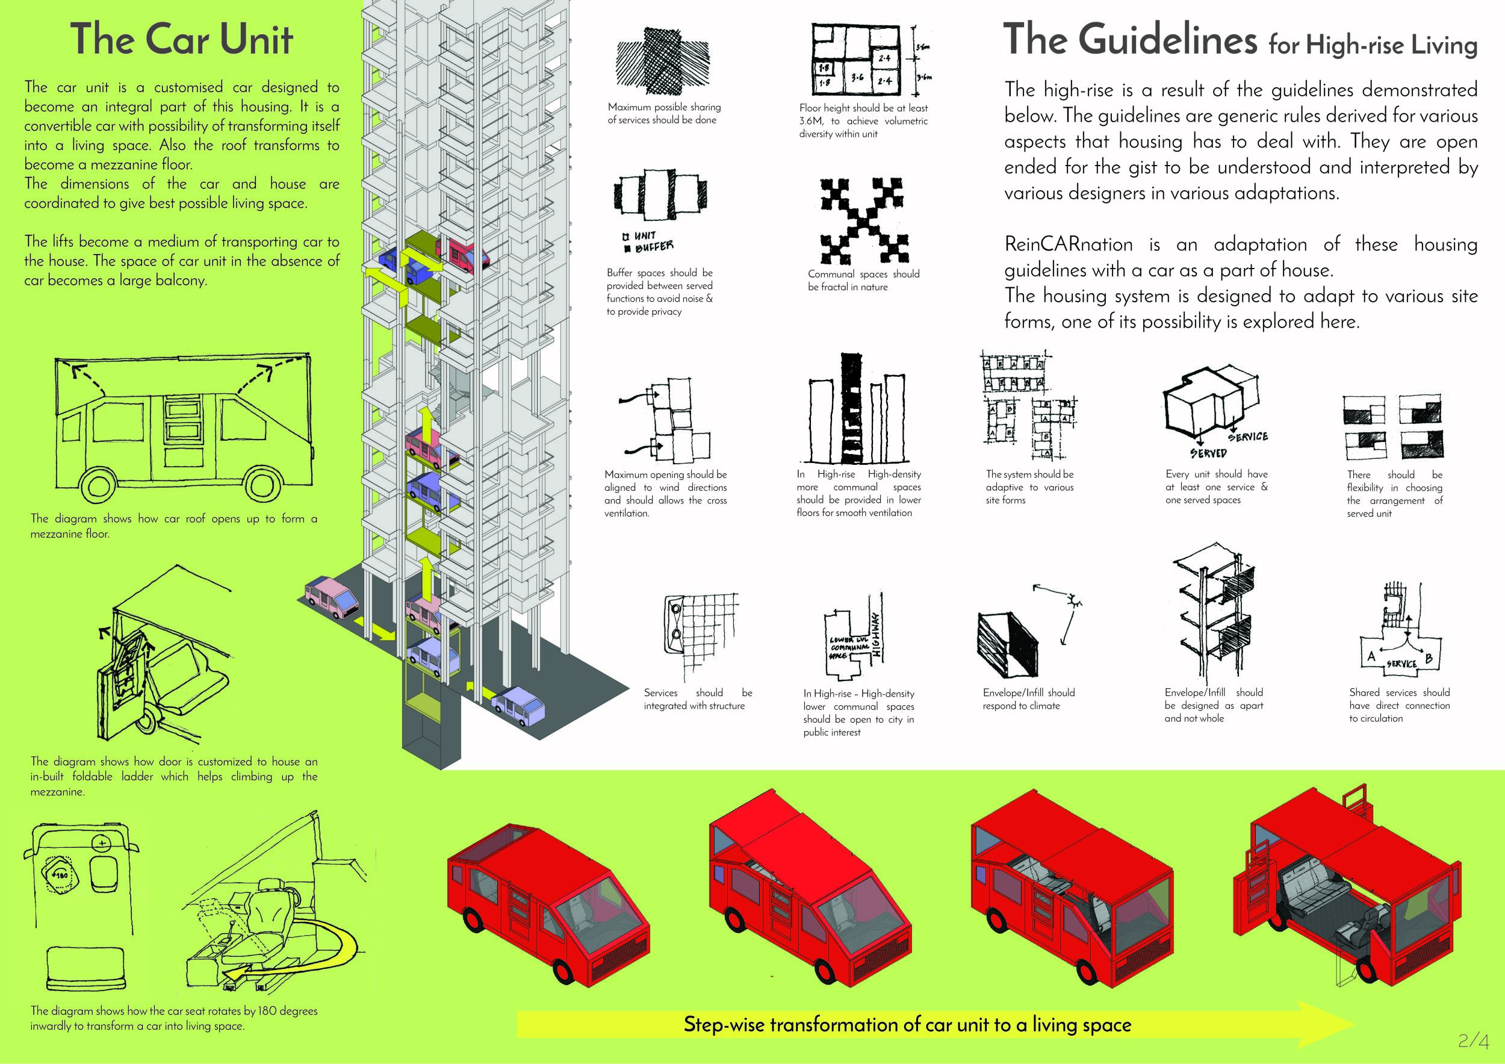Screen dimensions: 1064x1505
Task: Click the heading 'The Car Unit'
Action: [x=181, y=39]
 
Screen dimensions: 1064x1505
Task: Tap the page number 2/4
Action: [x=1474, y=1041]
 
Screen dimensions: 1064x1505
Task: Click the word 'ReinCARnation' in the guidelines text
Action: [x=1069, y=244]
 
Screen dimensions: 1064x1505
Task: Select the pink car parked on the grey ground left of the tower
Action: [x=332, y=596]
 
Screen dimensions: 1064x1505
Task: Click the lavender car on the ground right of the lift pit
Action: [x=518, y=706]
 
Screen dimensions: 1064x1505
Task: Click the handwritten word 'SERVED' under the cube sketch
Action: [x=1208, y=452]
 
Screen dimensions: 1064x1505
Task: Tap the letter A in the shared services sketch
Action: [x=1371, y=656]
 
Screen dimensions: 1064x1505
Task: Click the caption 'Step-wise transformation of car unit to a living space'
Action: [x=907, y=1024]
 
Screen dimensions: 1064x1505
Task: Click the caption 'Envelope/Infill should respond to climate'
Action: [x=1028, y=699]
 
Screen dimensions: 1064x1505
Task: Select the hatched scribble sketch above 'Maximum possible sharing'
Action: [x=662, y=62]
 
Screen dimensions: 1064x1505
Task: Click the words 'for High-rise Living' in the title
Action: [x=1372, y=45]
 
